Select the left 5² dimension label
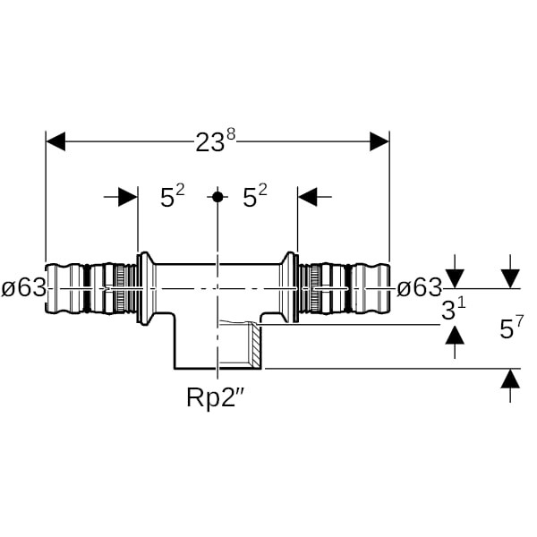click(172, 198)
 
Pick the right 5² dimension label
click(255, 198)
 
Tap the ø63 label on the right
click(419, 288)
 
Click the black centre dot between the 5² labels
click(217, 196)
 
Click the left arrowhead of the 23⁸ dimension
click(55, 141)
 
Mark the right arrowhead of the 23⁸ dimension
click(379, 141)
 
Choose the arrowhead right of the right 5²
click(309, 196)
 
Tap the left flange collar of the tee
click(141, 288)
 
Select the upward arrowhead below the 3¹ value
click(455, 335)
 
